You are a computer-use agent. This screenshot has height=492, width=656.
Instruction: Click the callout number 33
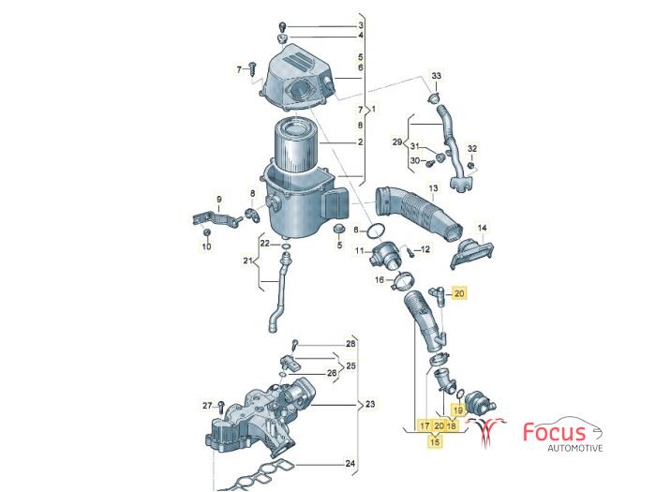(437, 76)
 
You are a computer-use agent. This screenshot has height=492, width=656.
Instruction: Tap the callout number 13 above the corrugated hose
(433, 188)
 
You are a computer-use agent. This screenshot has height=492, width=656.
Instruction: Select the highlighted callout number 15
(436, 441)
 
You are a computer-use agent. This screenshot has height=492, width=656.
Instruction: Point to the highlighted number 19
(458, 410)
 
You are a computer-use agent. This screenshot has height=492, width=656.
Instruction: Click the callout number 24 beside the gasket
(350, 464)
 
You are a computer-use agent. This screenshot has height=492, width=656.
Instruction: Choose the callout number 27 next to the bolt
(207, 405)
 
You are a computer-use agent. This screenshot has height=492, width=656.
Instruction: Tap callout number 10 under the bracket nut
(207, 246)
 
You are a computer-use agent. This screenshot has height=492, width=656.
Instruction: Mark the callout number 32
(472, 148)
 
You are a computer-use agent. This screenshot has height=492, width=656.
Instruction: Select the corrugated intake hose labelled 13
(419, 215)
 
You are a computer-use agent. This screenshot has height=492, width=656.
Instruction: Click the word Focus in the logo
(555, 432)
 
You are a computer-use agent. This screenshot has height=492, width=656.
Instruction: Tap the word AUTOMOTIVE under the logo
(575, 448)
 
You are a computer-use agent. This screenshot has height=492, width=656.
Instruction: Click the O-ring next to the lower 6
(376, 231)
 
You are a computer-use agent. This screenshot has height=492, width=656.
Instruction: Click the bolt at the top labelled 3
(283, 27)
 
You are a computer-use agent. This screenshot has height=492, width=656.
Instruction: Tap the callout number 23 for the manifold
(370, 404)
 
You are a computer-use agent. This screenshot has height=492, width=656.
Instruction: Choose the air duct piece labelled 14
(473, 252)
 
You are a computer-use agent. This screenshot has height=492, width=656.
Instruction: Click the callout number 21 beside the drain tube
(248, 261)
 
